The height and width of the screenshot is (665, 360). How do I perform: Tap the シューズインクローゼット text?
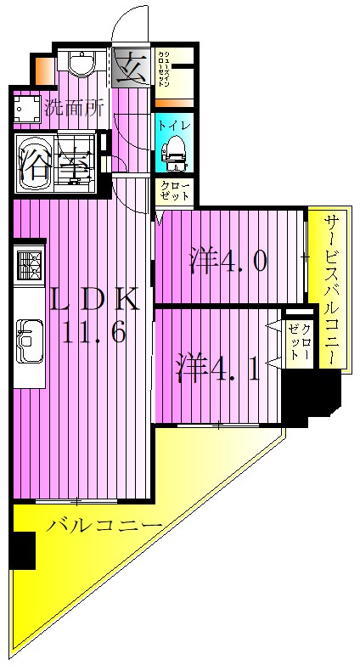[167, 69]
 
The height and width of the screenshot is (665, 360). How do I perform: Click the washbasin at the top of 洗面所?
[82, 65]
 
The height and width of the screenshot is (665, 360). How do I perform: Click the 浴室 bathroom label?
[54, 161]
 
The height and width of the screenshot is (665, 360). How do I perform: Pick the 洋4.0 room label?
[228, 259]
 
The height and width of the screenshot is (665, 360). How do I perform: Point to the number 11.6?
[94, 332]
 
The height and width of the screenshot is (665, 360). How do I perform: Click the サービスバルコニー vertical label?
[331, 289]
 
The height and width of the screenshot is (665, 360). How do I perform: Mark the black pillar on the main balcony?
[22, 550]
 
